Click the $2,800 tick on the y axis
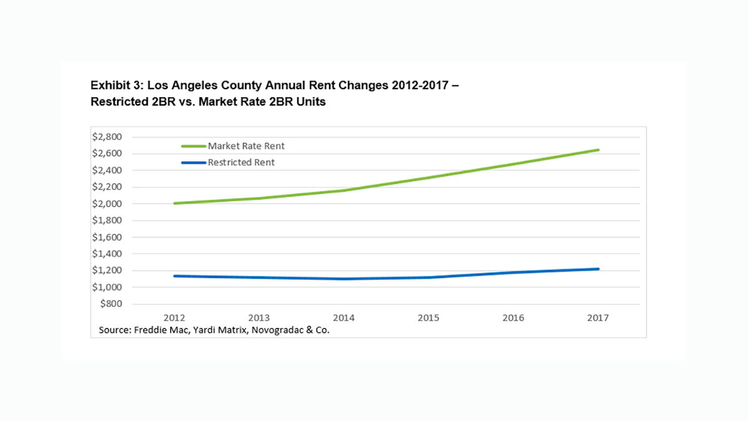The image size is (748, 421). [107, 137]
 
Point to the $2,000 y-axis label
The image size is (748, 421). [107, 204]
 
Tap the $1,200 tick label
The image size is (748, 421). [107, 271]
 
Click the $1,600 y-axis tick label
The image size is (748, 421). [107, 237]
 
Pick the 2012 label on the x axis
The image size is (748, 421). [173, 317]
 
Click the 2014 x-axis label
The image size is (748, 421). [343, 317]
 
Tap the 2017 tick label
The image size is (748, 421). [598, 317]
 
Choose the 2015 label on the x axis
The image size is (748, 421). [428, 317]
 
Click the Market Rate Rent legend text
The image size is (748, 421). [246, 146]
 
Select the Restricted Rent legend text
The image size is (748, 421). [241, 162]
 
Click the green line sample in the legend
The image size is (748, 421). [193, 146]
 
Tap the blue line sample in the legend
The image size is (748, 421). [193, 162]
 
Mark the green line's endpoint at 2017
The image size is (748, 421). [598, 150]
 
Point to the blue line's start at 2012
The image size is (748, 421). [175, 276]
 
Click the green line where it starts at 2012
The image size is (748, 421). [175, 203]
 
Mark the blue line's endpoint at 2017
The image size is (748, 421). [598, 269]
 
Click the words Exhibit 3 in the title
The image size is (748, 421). [112, 85]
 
